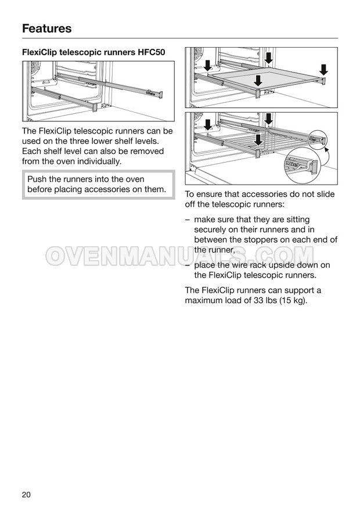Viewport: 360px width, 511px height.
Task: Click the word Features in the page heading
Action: [47, 28]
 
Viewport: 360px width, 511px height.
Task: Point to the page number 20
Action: [26, 495]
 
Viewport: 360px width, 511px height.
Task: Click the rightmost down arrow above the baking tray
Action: [324, 69]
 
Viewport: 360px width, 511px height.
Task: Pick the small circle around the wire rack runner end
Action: [318, 140]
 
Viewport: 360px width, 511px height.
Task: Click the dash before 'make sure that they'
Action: [187, 219]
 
